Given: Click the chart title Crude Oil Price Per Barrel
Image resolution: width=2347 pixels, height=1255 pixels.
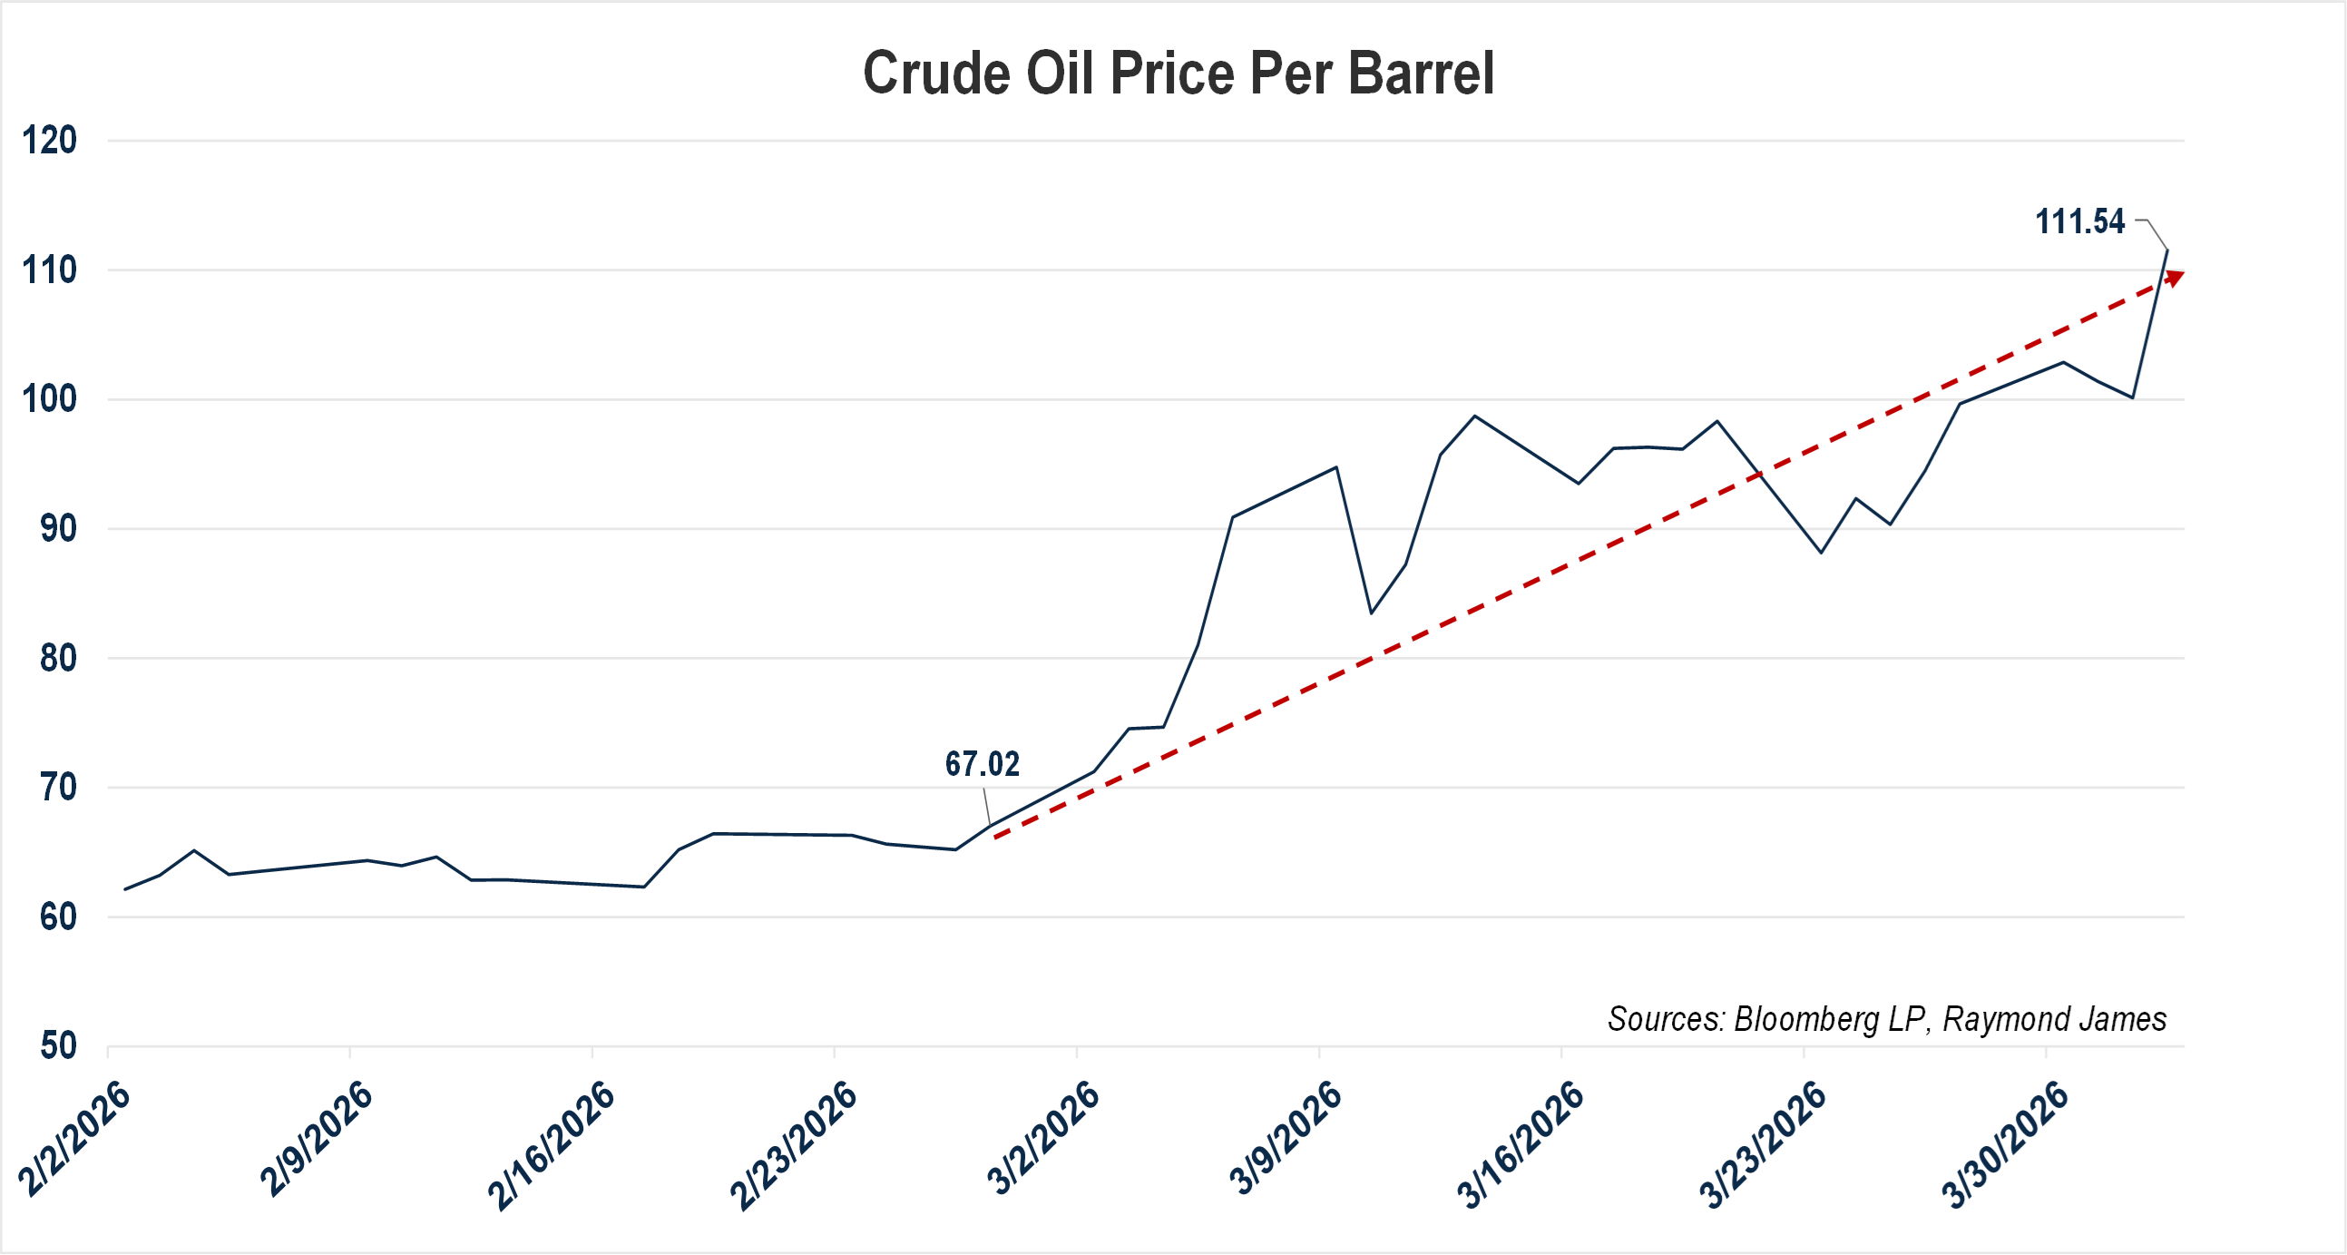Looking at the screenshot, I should (x=1178, y=73).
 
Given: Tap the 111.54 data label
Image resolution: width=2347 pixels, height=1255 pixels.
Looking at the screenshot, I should (x=2079, y=221).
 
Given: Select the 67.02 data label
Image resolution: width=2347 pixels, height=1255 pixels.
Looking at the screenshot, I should (x=982, y=764).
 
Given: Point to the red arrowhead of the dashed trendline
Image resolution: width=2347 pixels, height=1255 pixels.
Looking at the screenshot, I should (x=2175, y=277).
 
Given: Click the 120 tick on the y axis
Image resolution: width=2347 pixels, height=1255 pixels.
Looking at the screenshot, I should (x=49, y=142).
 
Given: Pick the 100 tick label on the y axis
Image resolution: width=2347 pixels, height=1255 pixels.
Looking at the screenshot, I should (x=49, y=399).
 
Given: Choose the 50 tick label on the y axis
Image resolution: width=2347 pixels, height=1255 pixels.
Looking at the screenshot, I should (x=57, y=1045).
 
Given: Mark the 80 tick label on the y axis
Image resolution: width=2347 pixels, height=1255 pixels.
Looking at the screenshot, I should (x=57, y=658).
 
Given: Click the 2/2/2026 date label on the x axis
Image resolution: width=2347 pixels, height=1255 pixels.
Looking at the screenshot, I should (x=74, y=1139).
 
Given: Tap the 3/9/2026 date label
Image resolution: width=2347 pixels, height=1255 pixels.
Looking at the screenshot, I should (x=1286, y=1138).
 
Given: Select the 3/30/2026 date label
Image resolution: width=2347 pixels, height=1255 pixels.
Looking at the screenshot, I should (x=2004, y=1145).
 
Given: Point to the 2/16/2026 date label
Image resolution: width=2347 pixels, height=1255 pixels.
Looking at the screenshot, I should (x=552, y=1145).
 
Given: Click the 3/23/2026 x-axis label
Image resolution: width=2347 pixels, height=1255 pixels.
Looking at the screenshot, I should (x=1763, y=1145).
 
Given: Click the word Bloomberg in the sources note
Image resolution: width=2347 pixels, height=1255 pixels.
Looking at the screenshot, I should (x=1805, y=1019).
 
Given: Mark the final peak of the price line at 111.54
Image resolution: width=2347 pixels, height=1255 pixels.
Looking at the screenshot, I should (x=2166, y=250).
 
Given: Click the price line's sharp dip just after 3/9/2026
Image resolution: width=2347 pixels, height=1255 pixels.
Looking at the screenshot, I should (x=1371, y=613).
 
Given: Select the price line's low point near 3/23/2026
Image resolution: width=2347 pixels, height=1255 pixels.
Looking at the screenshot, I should (x=1822, y=553).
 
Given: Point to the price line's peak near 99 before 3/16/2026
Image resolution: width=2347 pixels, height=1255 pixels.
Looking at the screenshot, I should (x=1475, y=417).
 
